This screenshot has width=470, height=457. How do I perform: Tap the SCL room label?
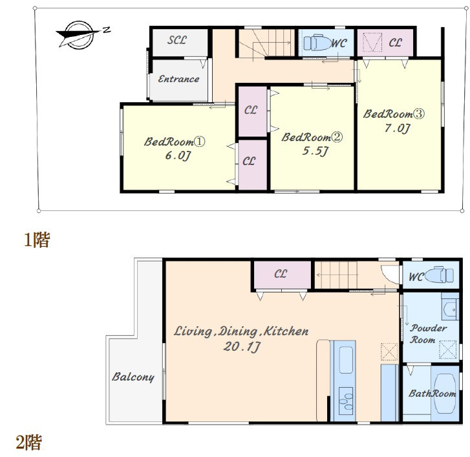[177, 40]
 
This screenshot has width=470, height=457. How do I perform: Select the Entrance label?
[178, 79]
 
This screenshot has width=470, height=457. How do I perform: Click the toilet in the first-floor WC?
[317, 43]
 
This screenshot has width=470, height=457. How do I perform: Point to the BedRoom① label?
[175, 141]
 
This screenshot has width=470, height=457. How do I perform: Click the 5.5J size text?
[315, 151]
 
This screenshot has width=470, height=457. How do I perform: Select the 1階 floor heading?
[37, 240]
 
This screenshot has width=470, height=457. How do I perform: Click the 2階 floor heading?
[29, 442]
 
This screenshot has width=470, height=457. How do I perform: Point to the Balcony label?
[133, 377]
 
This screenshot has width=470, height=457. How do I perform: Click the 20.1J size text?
[242, 347]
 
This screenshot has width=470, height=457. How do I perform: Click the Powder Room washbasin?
[450, 309]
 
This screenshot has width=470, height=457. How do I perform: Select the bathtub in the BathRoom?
[445, 394]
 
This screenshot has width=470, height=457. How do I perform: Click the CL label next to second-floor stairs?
[281, 274]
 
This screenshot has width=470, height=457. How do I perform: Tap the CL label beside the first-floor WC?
[395, 43]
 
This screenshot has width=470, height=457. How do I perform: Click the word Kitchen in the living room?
[286, 331]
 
